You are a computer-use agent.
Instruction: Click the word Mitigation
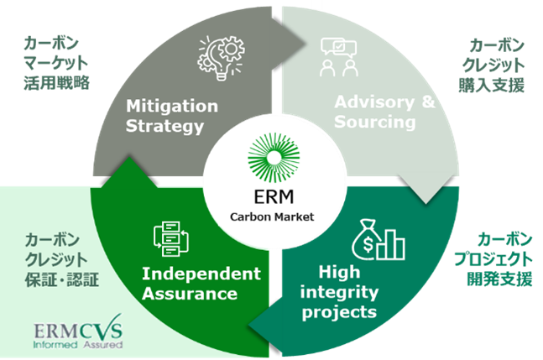[171, 107]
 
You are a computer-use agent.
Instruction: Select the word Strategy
[164, 128]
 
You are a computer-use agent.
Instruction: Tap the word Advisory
[367, 103]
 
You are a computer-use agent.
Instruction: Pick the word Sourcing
[375, 123]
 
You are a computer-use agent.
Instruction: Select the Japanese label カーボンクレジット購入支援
[496, 65]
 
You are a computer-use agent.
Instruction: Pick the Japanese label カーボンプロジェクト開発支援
[499, 259]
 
